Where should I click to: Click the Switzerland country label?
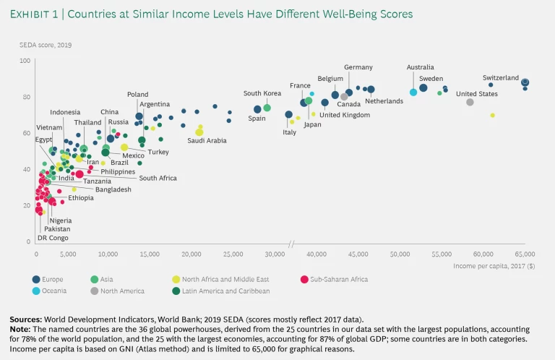click(x=500, y=78)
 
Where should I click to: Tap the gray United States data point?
click(x=470, y=102)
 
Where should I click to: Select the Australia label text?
click(x=420, y=67)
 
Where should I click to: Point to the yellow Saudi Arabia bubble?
click(x=199, y=132)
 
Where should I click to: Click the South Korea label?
click(x=262, y=93)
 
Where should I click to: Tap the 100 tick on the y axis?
click(x=25, y=61)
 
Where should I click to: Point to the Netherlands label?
click(x=384, y=101)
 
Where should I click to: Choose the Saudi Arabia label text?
click(x=207, y=140)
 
